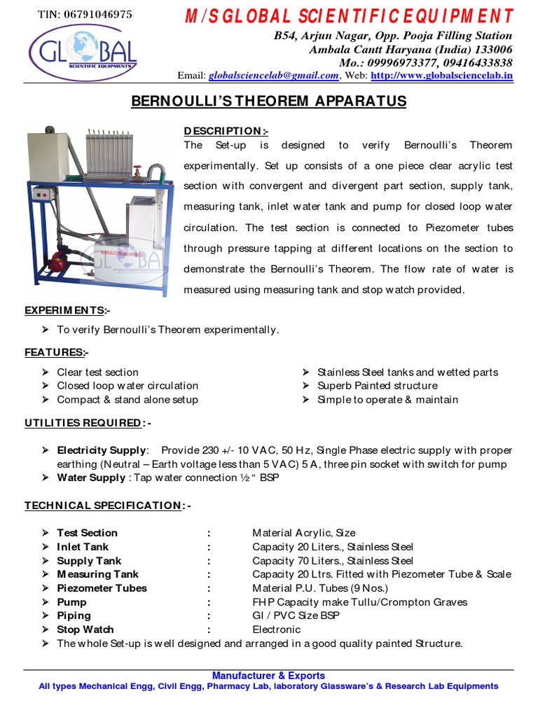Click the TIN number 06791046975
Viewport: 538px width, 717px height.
(84, 14)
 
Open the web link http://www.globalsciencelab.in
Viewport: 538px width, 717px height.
(441, 76)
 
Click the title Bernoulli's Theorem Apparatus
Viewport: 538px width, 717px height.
(269, 102)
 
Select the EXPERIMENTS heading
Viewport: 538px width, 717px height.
(67, 310)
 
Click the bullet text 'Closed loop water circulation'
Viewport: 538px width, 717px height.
(127, 386)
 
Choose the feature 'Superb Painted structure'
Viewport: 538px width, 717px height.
(377, 386)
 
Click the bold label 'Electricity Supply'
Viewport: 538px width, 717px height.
(102, 450)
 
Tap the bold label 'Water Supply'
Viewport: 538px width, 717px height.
(91, 478)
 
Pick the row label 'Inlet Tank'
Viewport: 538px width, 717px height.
(83, 547)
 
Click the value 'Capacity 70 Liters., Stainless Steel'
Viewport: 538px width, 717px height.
(333, 561)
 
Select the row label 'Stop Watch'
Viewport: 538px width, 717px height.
(85, 629)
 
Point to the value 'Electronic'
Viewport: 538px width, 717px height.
(276, 629)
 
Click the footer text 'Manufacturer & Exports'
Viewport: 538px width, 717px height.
(269, 676)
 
